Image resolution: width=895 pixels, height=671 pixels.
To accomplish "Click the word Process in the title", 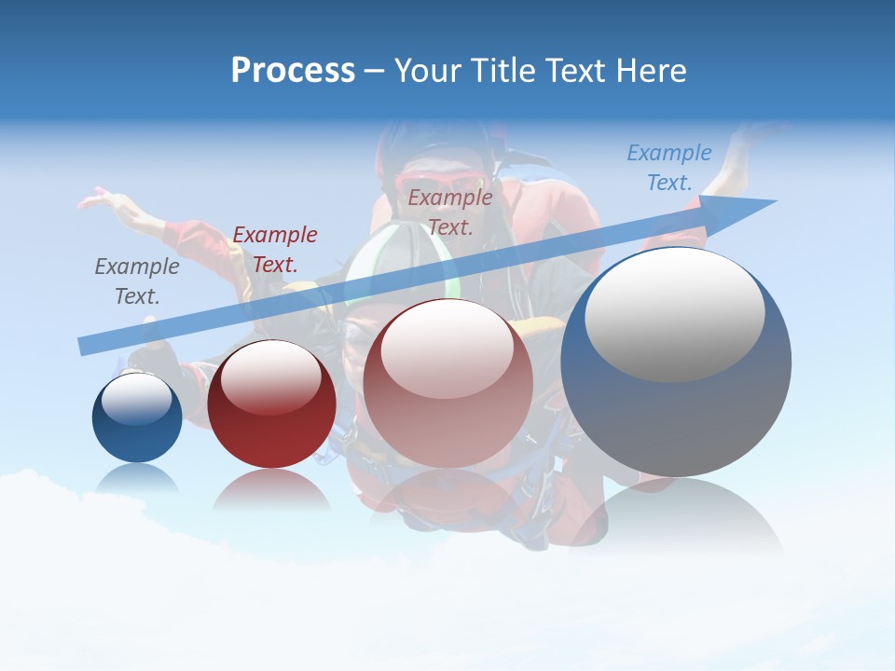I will pos(293,71).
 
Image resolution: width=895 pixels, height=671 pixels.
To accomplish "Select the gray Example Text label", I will pos(137,281).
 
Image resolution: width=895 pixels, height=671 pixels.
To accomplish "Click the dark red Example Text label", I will pos(275,250).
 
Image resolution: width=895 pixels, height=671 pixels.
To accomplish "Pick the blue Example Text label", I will pos(669,168).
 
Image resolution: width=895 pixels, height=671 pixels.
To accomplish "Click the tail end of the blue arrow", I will pos(82,347).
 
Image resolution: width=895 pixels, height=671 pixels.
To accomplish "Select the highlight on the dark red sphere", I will pos(271,377).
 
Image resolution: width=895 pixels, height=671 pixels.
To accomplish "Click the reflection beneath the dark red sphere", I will pos(271,490).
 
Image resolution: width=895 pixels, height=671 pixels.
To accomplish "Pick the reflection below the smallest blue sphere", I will pos(137,477).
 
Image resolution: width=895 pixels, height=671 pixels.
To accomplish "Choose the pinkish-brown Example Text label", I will pos(450,212).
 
